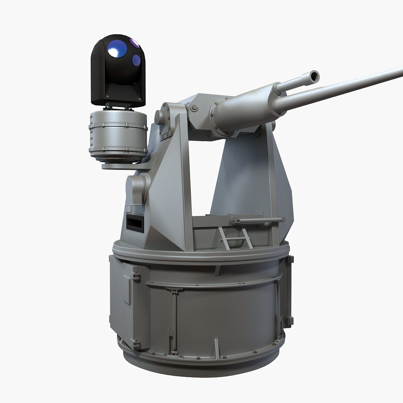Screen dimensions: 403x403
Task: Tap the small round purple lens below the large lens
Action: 136,60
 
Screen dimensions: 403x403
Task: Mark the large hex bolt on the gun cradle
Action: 194,108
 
